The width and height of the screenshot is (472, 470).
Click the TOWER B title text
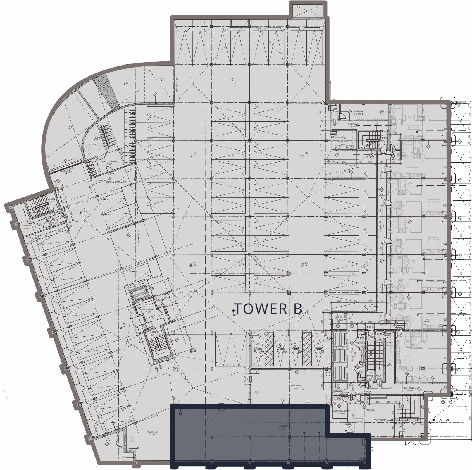point(268,309)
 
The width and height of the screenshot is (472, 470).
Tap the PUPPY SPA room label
point(342,142)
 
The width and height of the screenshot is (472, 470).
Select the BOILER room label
point(93,144)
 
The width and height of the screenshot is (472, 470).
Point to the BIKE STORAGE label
point(109,161)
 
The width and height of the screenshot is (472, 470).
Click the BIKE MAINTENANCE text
point(116,182)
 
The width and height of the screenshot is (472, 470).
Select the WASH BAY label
point(153,432)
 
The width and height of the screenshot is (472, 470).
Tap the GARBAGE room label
point(296,385)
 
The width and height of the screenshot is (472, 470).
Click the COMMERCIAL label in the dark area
point(281,426)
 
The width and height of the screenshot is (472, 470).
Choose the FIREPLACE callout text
point(370,410)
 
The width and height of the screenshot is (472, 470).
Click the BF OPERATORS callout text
point(380,420)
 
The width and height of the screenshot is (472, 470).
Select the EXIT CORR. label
point(410,388)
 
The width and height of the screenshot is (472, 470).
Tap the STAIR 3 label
point(383,138)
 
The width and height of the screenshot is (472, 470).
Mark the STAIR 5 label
point(52,199)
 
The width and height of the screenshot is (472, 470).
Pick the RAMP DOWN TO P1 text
point(177,85)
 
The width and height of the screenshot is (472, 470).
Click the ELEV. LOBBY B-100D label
point(149,309)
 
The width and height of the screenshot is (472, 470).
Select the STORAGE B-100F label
point(27,225)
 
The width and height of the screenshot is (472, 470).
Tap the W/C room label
point(338,388)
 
